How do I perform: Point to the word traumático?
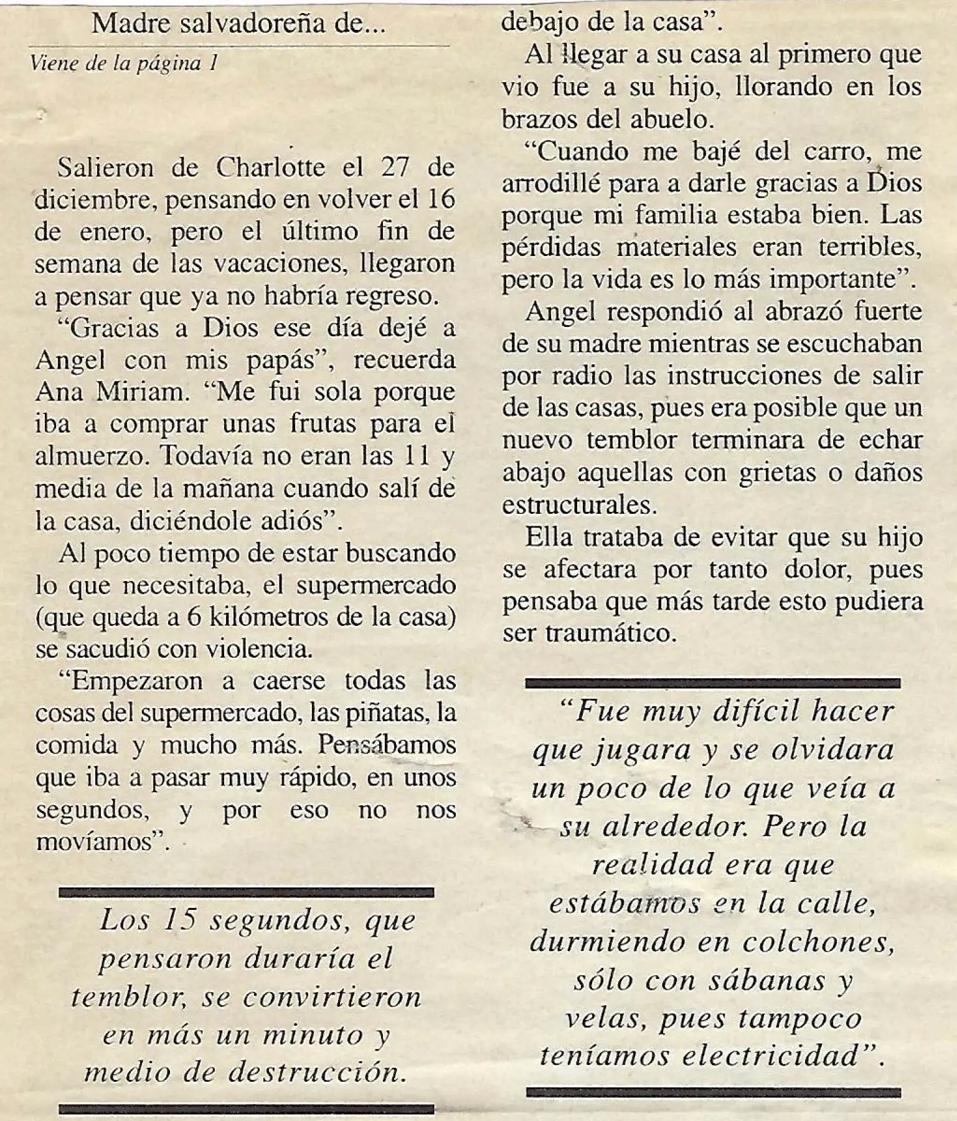pyautogui.click(x=611, y=633)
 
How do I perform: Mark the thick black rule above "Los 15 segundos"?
pyautogui.click(x=246, y=892)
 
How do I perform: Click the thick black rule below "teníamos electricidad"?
pyautogui.click(x=713, y=1092)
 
